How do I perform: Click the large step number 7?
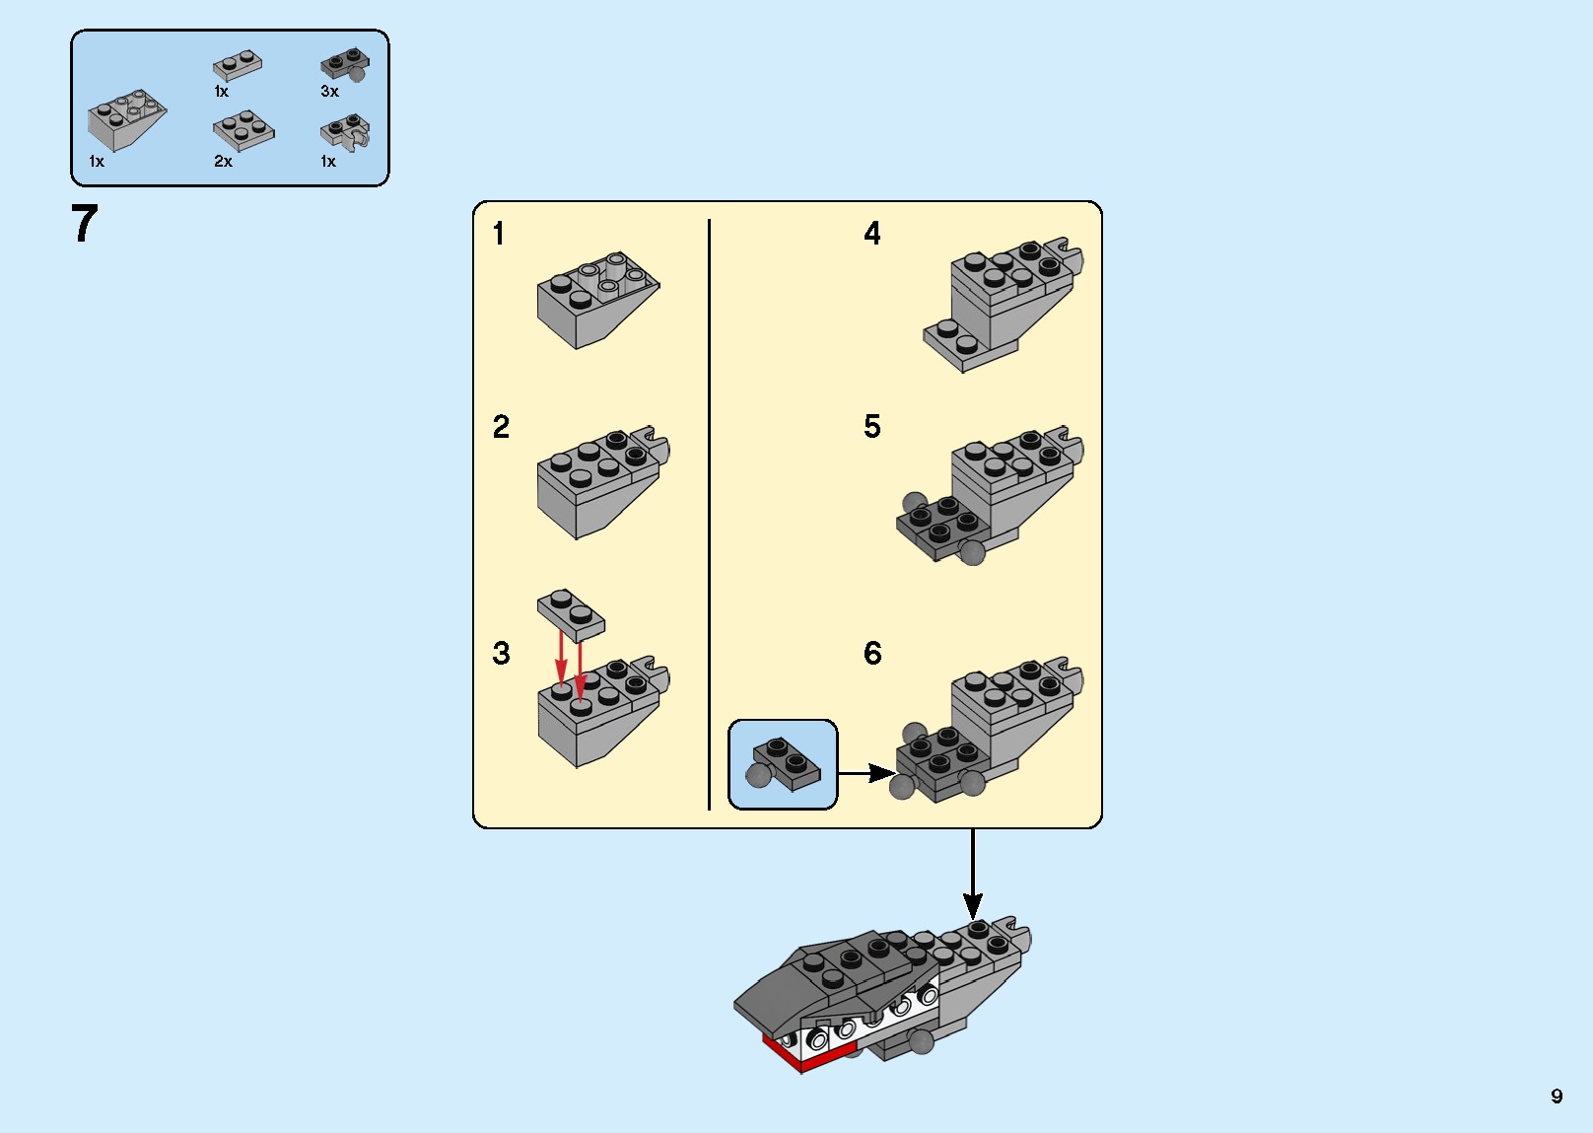(x=85, y=224)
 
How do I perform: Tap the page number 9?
(x=1557, y=1096)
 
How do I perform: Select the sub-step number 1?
(x=499, y=234)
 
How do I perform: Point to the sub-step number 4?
(x=872, y=234)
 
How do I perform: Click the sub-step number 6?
(x=872, y=653)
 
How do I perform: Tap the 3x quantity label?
(x=329, y=92)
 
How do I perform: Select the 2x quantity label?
(x=223, y=162)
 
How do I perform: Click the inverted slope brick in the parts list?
(x=125, y=121)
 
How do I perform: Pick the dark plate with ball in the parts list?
(x=345, y=66)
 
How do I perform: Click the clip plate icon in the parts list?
(x=346, y=132)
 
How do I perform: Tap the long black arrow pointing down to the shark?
(x=973, y=873)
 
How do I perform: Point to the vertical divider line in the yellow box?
(x=709, y=513)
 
